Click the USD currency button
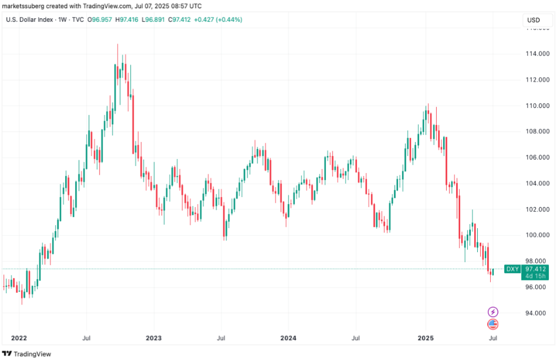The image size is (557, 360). click(x=533, y=20)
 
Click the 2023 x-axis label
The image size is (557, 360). click(x=154, y=338)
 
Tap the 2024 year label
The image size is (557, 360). click(x=288, y=338)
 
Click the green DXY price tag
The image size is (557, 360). click(x=512, y=269)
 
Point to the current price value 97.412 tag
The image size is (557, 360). click(x=536, y=269)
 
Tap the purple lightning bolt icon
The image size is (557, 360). click(x=493, y=311)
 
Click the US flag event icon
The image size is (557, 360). click(x=493, y=324)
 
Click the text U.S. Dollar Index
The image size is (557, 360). click(x=29, y=20)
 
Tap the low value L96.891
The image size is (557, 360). click(x=153, y=20)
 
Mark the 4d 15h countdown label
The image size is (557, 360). click(x=536, y=276)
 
